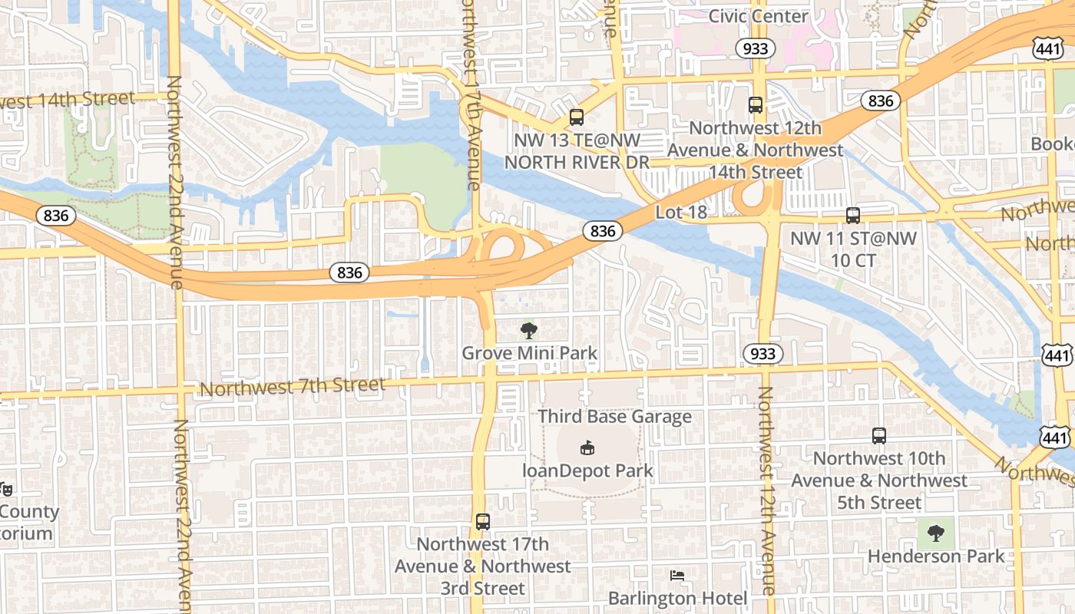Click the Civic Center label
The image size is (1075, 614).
758,16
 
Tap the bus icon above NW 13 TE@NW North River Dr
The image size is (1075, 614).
576,117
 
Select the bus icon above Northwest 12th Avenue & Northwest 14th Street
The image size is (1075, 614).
756,105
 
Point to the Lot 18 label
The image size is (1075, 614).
681,212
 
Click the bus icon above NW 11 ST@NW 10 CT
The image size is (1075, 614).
853,216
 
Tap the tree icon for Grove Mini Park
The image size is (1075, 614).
529,331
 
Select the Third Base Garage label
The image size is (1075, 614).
614,417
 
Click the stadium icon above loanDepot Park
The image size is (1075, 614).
587,447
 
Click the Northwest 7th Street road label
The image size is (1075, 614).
292,387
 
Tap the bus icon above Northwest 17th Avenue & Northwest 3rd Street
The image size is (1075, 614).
482,522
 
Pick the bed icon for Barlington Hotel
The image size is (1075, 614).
676,576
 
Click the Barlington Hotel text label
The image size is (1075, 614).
677,598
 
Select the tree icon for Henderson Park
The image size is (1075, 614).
935,533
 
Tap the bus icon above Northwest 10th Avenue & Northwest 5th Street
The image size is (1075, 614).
879,436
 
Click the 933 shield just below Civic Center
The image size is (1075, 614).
756,49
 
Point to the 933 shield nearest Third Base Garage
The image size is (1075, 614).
762,353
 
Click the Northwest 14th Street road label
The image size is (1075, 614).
68,100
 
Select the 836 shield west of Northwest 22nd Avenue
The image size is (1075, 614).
56,216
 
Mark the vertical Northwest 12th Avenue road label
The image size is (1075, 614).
766,491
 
